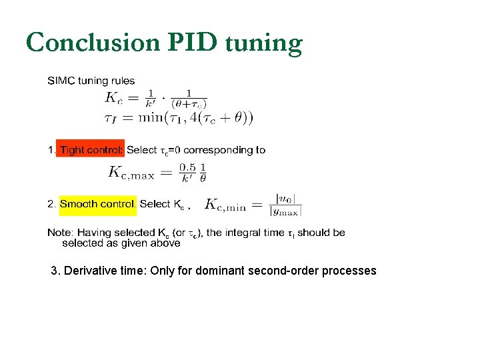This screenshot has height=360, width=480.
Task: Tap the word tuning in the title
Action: (x=263, y=44)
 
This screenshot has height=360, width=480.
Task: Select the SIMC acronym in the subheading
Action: (x=61, y=81)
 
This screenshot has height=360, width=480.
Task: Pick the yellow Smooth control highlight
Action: (x=98, y=204)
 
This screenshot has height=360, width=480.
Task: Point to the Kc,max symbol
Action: (x=131, y=172)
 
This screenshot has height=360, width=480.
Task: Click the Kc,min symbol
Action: (x=225, y=205)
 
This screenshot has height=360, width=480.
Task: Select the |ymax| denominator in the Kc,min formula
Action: (x=285, y=211)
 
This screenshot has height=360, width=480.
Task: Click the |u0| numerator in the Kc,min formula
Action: (x=285, y=199)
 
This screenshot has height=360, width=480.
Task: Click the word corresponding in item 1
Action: (x=216, y=150)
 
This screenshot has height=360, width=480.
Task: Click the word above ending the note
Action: (x=166, y=243)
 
